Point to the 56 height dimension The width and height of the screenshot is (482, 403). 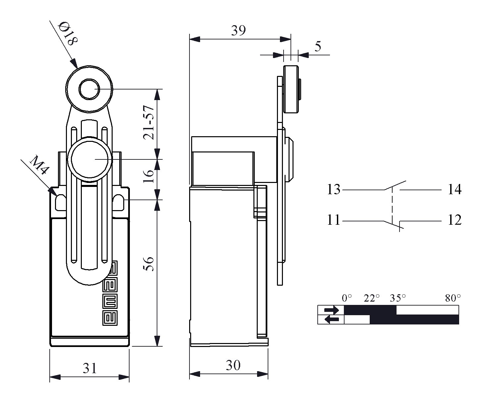pos(150,263)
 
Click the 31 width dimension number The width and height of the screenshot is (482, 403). pos(89,368)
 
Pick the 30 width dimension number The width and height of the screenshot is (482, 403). pos(233,365)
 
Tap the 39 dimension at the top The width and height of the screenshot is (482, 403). pos(239,30)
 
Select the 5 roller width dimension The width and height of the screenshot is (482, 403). pos(318,47)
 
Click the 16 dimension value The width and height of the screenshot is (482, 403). pos(150,176)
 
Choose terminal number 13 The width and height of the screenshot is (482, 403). pos(334,190)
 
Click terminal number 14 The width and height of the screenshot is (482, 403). pos(455,190)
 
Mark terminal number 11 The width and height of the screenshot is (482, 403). pos(334,220)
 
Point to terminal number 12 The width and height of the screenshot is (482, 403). pos(455,220)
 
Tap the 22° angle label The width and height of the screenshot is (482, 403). pos(372,298)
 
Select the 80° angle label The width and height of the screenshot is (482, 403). pos(453,298)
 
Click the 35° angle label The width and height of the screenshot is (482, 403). pos(398,298)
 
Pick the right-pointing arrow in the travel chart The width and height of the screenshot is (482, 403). pos(332,310)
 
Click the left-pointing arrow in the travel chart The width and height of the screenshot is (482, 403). pos(332,319)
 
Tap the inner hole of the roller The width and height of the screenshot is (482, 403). pos(89,89)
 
